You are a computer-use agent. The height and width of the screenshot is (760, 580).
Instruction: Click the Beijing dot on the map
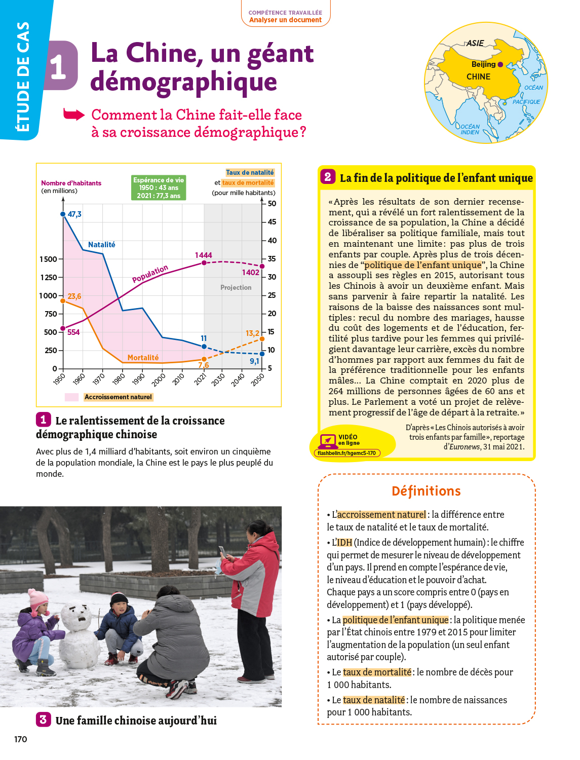point(500,64)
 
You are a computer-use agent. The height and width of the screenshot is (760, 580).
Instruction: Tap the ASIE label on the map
point(475,44)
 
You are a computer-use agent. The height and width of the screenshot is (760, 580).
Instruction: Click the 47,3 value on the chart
point(74,214)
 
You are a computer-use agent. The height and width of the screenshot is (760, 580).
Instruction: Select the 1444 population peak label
point(203,255)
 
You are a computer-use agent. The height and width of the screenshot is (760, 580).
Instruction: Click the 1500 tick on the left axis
point(49,259)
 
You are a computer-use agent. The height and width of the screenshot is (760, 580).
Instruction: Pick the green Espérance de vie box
point(159,188)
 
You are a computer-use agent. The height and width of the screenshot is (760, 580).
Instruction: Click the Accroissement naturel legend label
point(118,397)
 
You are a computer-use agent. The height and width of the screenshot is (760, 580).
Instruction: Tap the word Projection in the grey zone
point(236,288)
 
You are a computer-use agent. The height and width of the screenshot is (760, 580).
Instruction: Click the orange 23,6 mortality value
point(74,296)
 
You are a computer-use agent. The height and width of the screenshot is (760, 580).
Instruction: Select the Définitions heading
point(426,491)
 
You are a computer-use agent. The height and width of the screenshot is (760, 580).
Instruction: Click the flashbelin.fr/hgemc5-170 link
point(347,453)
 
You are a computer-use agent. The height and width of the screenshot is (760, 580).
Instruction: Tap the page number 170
point(21,739)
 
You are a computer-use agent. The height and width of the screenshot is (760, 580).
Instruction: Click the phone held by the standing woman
point(222,552)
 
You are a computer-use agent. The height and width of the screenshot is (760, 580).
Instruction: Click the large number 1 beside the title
point(58,66)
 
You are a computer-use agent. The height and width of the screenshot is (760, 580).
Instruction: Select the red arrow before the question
point(74,115)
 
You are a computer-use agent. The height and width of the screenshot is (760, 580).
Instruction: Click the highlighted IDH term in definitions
point(344,543)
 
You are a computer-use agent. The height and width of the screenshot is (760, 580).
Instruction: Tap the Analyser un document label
point(285,20)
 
